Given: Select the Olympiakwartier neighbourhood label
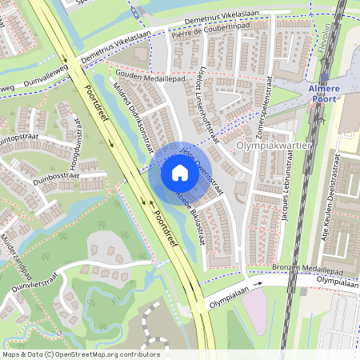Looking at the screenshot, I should pos(273,147).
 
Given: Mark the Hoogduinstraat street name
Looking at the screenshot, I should pos(77,141).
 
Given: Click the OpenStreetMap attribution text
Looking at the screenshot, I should pos(81,354).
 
